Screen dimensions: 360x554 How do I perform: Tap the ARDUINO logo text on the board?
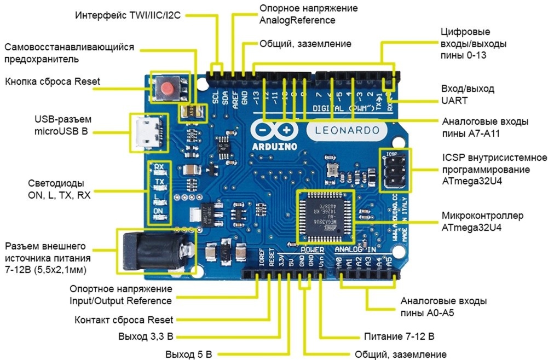(275, 147)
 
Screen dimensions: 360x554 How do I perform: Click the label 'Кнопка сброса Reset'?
(53, 82)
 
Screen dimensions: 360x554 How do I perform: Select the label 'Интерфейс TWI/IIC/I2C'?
(128, 15)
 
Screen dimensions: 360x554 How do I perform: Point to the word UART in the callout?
(454, 101)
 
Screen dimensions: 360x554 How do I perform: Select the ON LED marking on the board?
(159, 211)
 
